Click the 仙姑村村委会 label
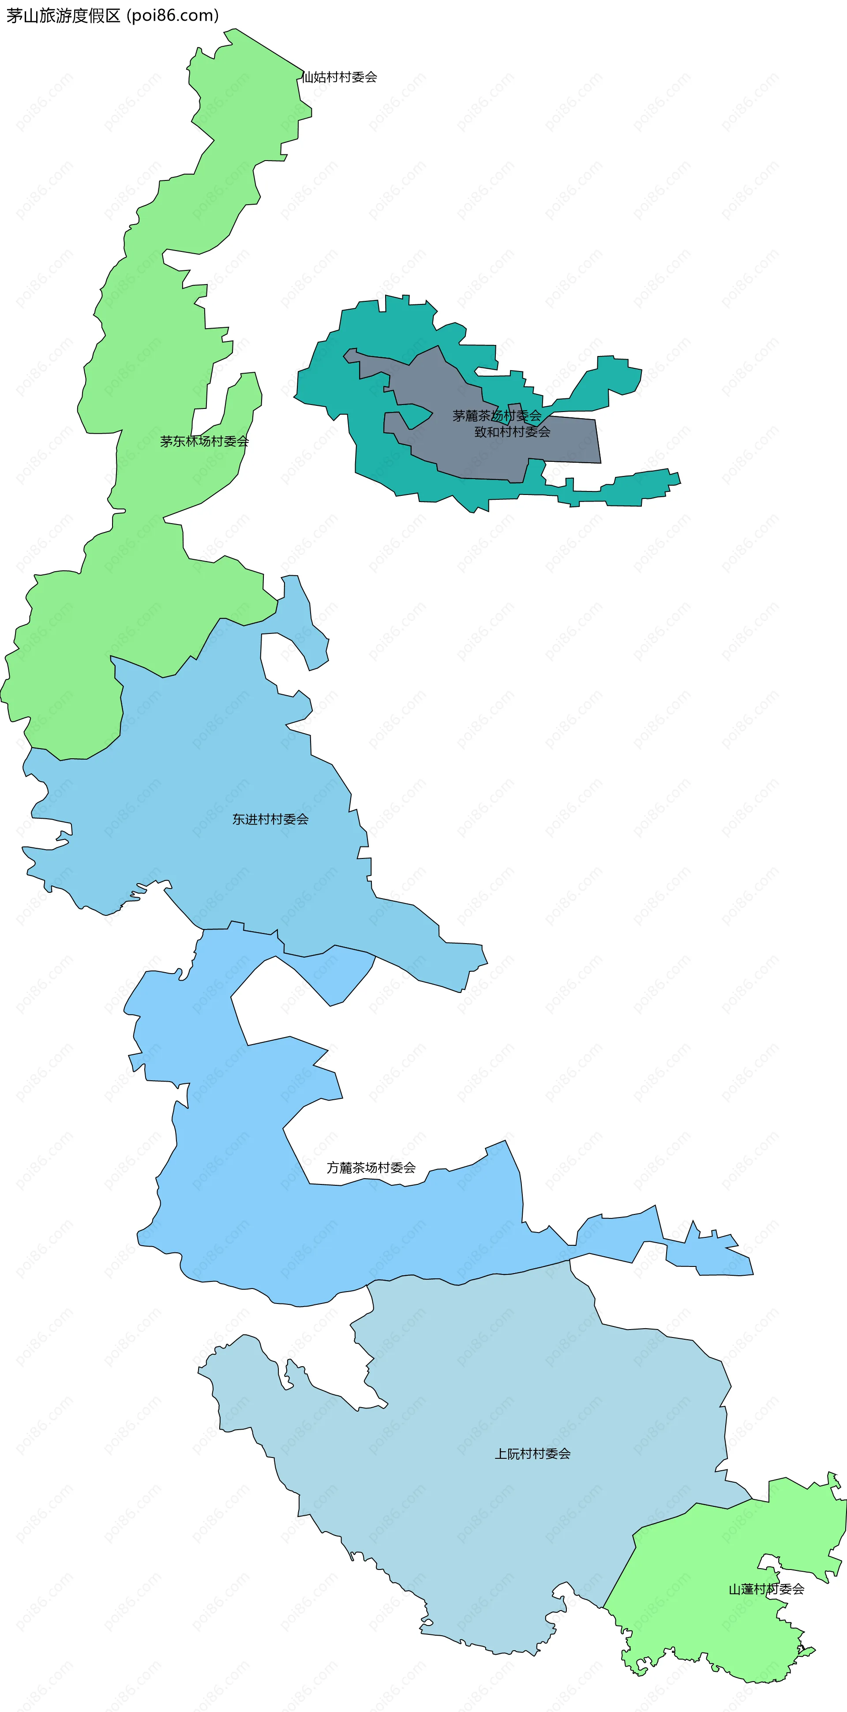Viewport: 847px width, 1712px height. [339, 77]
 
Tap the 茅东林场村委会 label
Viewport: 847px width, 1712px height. [204, 441]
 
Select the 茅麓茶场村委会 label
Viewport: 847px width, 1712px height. [497, 416]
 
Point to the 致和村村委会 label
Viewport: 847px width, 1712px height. [512, 432]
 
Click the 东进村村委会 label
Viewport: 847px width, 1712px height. [270, 820]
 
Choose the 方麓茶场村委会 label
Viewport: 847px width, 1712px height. [371, 1168]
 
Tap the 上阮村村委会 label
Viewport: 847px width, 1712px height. [532, 1454]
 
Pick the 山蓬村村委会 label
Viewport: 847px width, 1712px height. [766, 1589]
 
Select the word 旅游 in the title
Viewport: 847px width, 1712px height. [55, 15]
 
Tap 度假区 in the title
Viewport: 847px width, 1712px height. [96, 15]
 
